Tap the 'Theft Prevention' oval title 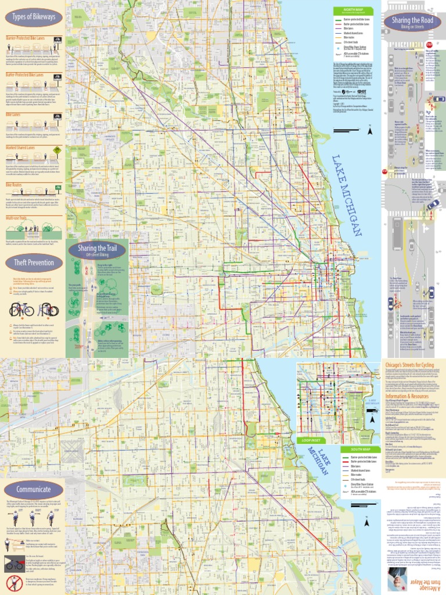34,263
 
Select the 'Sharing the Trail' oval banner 97,250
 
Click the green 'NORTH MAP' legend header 355,10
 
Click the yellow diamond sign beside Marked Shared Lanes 56,149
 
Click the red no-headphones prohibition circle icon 14,583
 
